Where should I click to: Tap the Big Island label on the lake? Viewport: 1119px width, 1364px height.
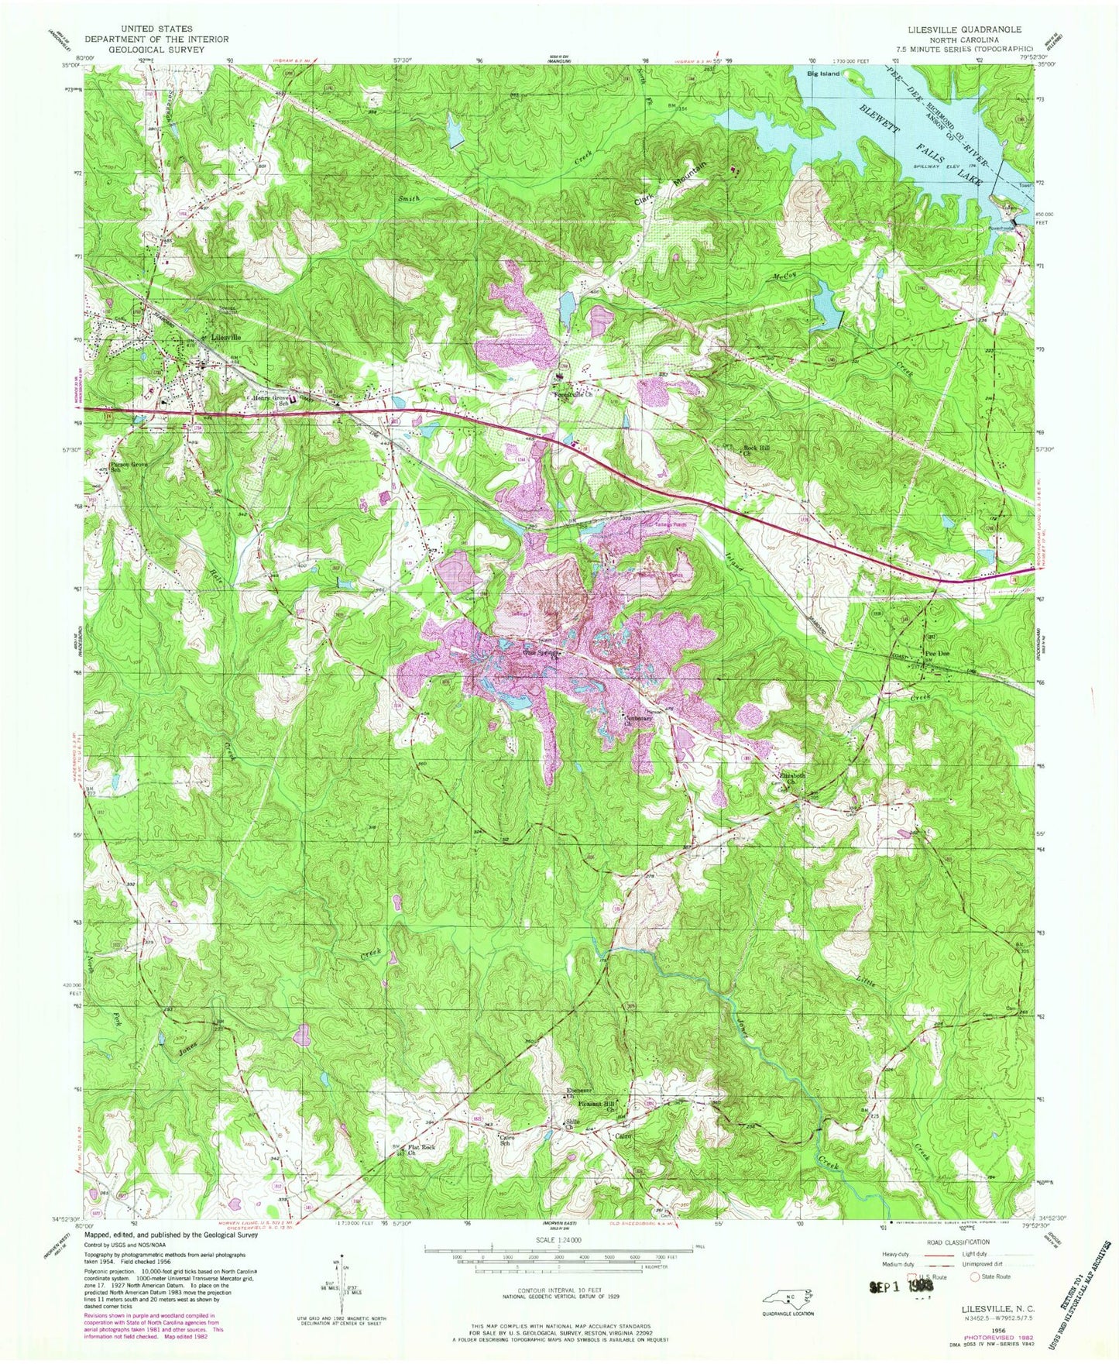coord(823,74)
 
